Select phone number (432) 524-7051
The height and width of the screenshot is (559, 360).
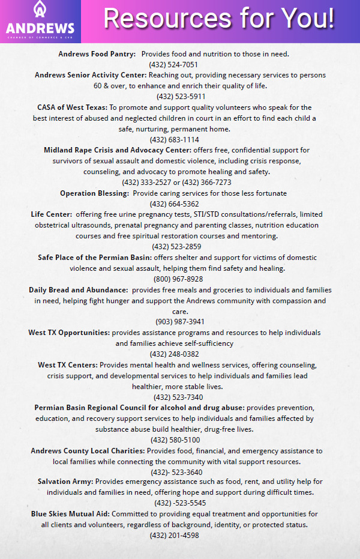173,65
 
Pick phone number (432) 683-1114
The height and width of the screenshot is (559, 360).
174,140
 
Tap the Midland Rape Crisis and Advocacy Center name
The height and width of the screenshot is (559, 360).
118,150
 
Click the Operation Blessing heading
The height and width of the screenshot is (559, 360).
94,193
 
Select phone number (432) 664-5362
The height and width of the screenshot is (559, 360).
174,204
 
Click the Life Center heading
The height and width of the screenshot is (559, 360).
52,214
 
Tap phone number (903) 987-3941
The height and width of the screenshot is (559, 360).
180,322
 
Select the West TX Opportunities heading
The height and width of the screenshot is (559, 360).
69,333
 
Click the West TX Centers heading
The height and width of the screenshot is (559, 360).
68,365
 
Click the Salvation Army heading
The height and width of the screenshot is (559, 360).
65,482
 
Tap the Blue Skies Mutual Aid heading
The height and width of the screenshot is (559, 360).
71,514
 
